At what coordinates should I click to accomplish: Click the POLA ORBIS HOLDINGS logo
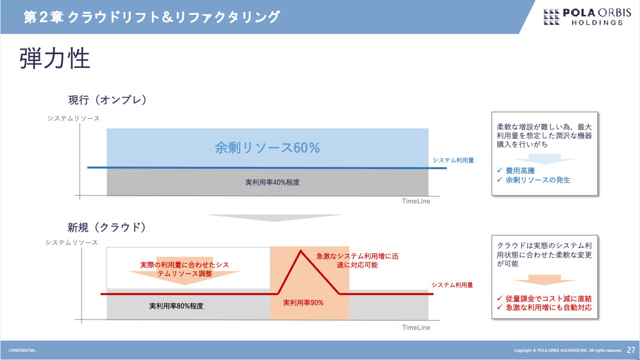(587, 17)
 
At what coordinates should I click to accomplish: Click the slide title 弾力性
(55, 59)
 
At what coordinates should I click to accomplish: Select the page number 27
(631, 350)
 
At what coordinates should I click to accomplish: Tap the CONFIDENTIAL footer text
(22, 351)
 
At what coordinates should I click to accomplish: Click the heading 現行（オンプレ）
(107, 100)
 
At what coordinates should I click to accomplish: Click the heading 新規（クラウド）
(107, 228)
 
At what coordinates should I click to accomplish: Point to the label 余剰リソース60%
(267, 148)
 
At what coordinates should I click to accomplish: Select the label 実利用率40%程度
(272, 182)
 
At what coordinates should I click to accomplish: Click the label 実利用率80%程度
(176, 306)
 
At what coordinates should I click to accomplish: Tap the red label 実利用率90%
(303, 303)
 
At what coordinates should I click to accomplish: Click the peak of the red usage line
(301, 251)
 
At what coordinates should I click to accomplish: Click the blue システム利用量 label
(453, 160)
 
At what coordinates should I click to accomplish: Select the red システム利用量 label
(452, 285)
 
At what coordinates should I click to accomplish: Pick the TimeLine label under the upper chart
(416, 201)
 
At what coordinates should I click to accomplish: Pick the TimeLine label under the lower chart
(416, 328)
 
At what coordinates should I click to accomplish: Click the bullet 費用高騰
(520, 171)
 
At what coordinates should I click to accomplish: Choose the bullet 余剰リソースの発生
(538, 180)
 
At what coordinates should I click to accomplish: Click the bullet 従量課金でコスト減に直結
(548, 299)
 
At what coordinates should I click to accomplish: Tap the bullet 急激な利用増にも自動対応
(548, 308)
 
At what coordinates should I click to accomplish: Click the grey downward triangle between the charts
(274, 218)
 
